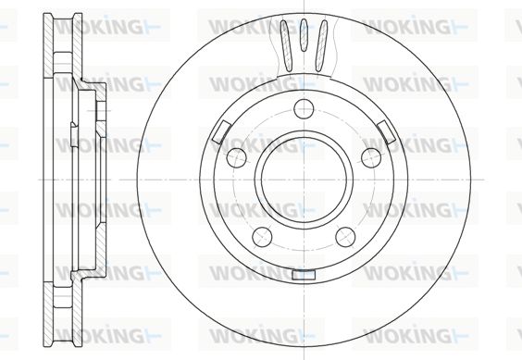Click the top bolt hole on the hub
304,108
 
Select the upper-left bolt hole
236,157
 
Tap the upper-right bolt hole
371,157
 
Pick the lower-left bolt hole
262,237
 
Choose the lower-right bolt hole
345,237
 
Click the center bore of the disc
304,180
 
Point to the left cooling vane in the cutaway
286,45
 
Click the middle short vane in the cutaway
304,35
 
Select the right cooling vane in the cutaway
321,45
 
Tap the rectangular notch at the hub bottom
304,275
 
